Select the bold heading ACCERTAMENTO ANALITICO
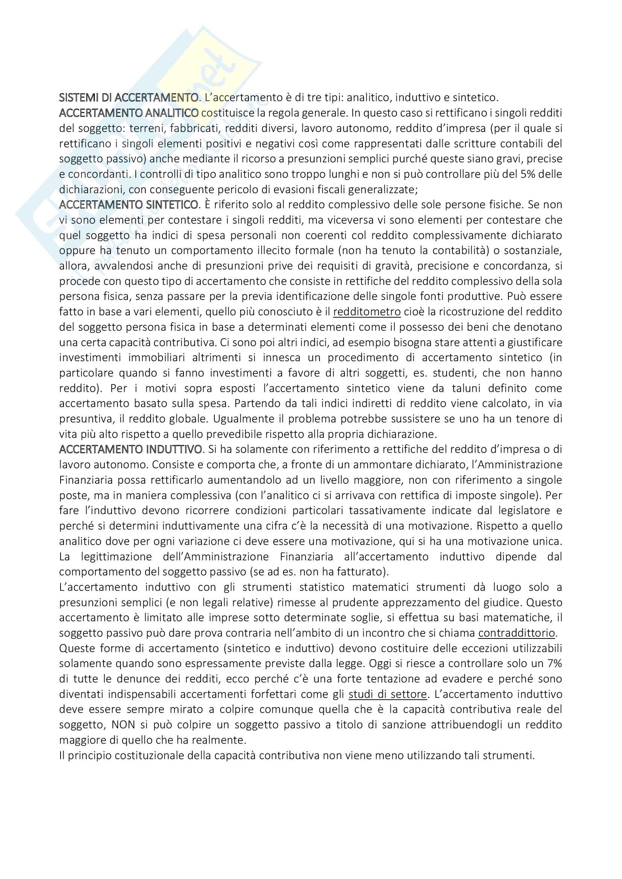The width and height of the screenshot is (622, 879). point(129,113)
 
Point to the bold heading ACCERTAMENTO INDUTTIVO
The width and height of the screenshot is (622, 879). point(130,449)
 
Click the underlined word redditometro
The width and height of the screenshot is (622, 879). point(367,312)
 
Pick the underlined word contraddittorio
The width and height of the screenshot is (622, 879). point(517,633)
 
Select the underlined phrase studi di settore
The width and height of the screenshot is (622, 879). point(388,694)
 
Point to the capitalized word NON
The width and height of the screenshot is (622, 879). point(122,725)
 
